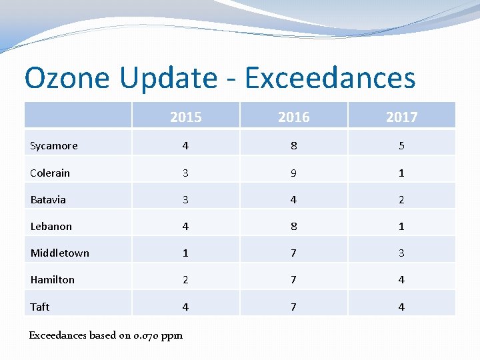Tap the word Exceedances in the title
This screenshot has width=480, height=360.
330,78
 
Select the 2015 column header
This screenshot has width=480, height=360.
185,117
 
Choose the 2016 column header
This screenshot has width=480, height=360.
293,117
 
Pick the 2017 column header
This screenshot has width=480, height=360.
401,117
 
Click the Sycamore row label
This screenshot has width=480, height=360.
54,146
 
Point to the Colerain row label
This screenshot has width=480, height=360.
50,173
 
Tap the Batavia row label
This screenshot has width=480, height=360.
48,199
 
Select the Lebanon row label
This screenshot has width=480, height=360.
51,226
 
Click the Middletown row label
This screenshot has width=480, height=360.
59,253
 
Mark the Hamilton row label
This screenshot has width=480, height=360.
52,279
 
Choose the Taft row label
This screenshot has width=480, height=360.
40,307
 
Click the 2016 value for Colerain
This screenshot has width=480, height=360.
293,173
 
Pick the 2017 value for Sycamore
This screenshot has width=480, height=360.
401,146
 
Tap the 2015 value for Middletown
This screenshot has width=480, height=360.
185,253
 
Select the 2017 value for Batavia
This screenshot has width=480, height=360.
401,199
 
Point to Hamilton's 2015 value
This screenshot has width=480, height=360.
185,279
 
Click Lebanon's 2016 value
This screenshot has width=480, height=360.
293,226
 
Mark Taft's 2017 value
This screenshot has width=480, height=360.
401,307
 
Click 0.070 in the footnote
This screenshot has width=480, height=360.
145,335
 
